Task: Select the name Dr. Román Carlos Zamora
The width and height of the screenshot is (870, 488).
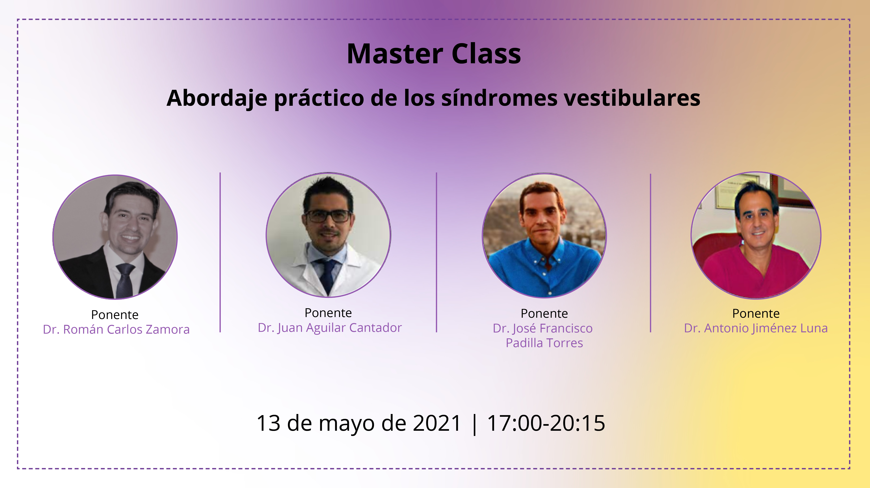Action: click(116, 329)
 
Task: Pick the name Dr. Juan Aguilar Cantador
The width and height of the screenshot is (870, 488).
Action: click(330, 327)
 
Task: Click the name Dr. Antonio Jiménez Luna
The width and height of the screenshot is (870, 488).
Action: click(756, 328)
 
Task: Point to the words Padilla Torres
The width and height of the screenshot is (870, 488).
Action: click(544, 343)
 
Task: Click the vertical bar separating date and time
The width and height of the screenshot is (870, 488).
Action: click(475, 424)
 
